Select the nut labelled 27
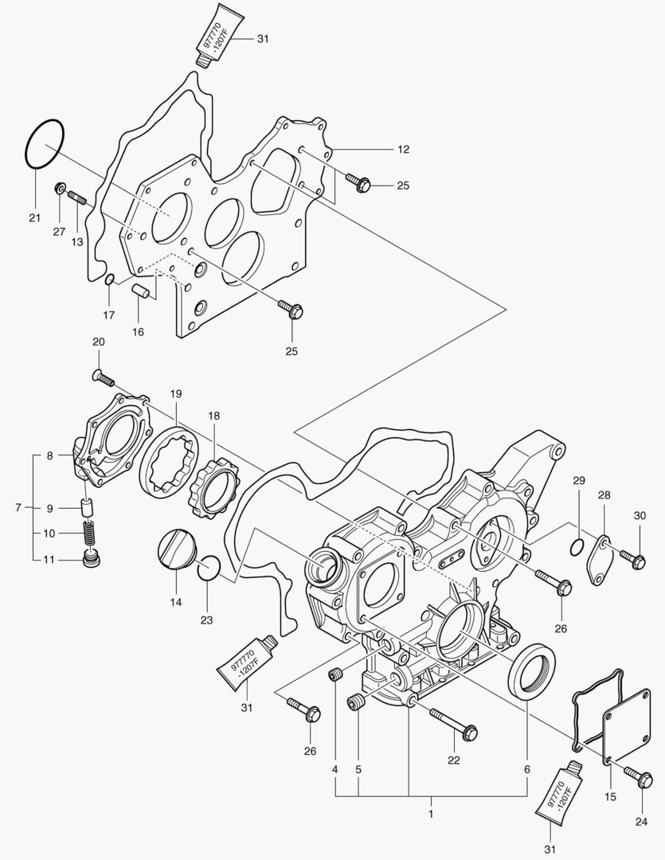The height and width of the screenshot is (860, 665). click(59, 190)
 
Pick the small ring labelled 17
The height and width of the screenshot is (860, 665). click(110, 279)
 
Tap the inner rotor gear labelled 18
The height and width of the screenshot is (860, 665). click(213, 489)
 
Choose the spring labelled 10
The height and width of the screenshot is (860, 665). click(90, 531)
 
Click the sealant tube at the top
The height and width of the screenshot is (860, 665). click(213, 36)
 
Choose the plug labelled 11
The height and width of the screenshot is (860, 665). click(92, 558)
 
